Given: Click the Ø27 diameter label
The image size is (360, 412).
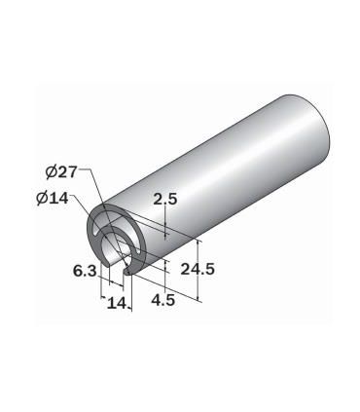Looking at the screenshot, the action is (x=61, y=171).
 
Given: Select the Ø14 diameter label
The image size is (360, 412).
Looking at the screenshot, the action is (x=53, y=198).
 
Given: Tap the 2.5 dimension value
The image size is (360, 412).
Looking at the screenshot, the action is (x=165, y=200).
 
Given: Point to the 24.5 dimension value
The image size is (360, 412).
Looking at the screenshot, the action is (x=198, y=269).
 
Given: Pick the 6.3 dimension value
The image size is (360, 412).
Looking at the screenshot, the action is (x=85, y=271).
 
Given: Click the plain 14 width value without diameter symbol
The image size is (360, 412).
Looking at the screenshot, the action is (x=117, y=303).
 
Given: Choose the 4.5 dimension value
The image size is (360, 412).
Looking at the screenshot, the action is (x=163, y=300).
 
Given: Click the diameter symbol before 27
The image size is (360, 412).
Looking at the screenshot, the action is (x=52, y=171).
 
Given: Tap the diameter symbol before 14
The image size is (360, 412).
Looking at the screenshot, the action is (x=43, y=198).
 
